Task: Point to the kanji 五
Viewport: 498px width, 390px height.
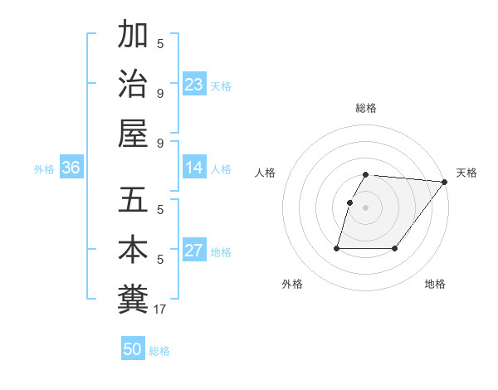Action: pos(133,200)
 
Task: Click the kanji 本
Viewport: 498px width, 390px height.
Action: pos(133,250)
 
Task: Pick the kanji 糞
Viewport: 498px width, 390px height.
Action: pos(133,299)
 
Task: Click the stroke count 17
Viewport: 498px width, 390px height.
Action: pos(160,310)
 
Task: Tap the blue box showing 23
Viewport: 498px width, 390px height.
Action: pos(194,84)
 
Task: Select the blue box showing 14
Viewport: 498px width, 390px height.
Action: pos(194,168)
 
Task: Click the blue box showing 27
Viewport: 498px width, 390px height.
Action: pos(194,251)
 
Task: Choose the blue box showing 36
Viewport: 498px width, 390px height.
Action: pos(71,168)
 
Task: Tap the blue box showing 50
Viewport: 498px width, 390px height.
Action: pos(133,349)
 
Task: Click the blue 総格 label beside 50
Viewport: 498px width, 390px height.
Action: pos(159,351)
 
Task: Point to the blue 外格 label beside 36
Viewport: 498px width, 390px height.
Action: pos(44,169)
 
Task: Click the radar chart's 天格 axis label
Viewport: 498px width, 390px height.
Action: pos(466,173)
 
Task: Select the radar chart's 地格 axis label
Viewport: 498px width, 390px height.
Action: pos(435,284)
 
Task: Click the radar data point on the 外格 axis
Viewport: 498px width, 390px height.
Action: pos(337,248)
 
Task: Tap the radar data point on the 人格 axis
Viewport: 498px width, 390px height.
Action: pos(349,202)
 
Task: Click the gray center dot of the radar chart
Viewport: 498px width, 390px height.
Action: pos(366,208)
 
